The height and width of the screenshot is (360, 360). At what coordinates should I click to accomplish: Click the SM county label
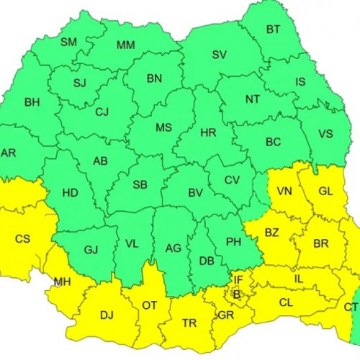click(68, 42)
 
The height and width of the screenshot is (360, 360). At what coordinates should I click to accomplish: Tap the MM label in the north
click(125, 45)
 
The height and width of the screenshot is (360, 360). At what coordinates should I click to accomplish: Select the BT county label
click(273, 30)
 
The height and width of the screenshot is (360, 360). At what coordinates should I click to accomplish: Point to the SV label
click(219, 55)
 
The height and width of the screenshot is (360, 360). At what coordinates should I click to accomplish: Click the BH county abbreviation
click(32, 102)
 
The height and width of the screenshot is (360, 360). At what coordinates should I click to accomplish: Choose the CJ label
click(101, 112)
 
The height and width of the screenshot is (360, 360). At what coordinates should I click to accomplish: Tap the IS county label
click(300, 81)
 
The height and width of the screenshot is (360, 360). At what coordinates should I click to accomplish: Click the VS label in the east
click(325, 133)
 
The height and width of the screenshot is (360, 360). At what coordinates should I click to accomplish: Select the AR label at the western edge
click(9, 153)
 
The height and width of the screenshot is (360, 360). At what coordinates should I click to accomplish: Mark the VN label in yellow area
click(284, 192)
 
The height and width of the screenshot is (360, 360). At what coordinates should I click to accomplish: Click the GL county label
click(325, 192)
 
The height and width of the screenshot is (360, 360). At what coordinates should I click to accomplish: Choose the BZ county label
click(271, 233)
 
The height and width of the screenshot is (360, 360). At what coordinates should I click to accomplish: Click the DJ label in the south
click(106, 314)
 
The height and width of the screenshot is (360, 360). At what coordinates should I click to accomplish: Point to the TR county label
click(189, 323)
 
